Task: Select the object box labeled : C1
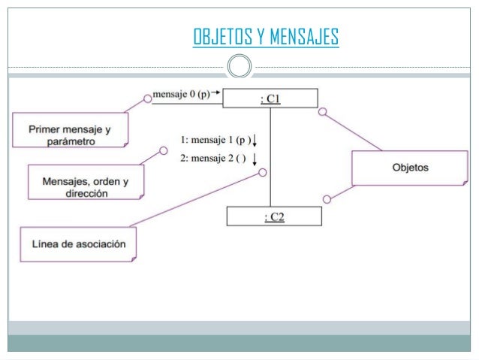270,98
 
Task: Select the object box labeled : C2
274,216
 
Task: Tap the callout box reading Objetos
410,168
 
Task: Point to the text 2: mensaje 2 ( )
214,158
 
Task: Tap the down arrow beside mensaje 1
256,140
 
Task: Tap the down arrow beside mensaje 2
256,158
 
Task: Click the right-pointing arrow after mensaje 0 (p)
216,92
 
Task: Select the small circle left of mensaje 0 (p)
147,97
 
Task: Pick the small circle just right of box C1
322,112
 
